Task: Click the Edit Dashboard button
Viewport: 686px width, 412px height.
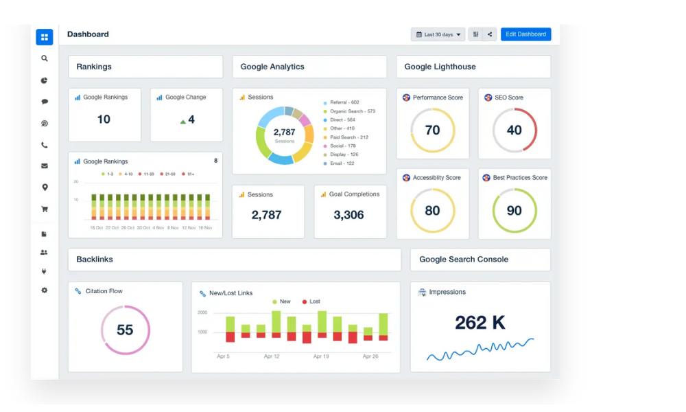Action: [525, 34]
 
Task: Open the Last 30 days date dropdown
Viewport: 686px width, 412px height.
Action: [438, 34]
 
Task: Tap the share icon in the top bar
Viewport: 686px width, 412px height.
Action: [490, 34]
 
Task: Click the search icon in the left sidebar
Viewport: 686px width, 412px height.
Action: [45, 59]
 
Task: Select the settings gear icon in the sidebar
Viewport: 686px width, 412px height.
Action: [45, 290]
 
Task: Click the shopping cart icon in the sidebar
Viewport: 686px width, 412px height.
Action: [45, 209]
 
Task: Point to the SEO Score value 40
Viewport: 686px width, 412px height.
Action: [514, 130]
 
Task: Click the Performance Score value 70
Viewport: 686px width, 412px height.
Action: [432, 130]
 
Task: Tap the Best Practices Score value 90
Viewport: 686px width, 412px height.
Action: [514, 211]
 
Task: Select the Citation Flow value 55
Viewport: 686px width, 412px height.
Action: [125, 330]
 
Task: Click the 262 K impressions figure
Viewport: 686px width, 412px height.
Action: [480, 322]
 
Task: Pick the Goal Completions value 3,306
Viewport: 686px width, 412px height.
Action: [348, 215]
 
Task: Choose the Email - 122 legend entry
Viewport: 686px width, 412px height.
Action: [342, 163]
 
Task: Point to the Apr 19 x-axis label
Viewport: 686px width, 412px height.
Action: [322, 356]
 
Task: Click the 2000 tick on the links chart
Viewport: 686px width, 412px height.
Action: [202, 312]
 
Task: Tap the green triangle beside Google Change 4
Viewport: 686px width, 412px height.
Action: [183, 122]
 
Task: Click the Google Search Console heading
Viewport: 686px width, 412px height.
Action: [464, 260]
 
